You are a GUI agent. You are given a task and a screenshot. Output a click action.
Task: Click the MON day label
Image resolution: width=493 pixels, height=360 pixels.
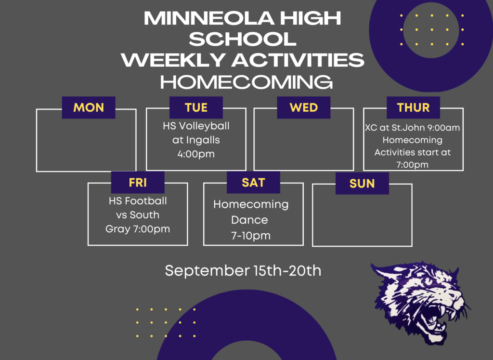click(89, 107)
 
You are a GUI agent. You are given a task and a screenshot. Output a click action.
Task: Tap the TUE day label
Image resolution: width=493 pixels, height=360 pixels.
click(196, 107)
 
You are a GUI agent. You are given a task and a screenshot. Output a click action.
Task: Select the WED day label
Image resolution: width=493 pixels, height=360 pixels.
click(304, 107)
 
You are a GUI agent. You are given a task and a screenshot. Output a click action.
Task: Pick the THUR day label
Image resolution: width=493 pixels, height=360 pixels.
click(413, 107)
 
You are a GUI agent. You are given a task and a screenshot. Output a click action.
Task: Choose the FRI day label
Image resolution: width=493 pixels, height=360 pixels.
click(138, 183)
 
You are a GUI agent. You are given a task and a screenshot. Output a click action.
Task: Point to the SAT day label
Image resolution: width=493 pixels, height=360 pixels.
click(253, 183)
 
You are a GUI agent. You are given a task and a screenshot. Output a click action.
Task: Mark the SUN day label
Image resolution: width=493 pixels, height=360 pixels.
click(362, 184)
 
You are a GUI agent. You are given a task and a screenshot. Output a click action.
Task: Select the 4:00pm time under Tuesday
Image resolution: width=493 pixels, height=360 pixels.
click(196, 154)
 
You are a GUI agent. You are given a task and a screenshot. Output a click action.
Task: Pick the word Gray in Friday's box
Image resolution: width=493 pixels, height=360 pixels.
click(117, 229)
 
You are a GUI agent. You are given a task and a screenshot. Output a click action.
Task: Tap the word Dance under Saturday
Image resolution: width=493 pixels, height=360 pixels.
click(250, 220)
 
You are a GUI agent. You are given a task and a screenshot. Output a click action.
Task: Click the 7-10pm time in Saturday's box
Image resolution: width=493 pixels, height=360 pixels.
click(251, 236)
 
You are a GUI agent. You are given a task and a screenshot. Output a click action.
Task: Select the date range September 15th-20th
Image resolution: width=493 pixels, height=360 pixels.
click(243, 271)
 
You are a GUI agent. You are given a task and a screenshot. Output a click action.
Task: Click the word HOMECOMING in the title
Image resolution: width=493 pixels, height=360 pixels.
click(246, 82)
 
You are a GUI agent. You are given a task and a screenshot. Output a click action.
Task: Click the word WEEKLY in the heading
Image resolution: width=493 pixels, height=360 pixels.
click(173, 60)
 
